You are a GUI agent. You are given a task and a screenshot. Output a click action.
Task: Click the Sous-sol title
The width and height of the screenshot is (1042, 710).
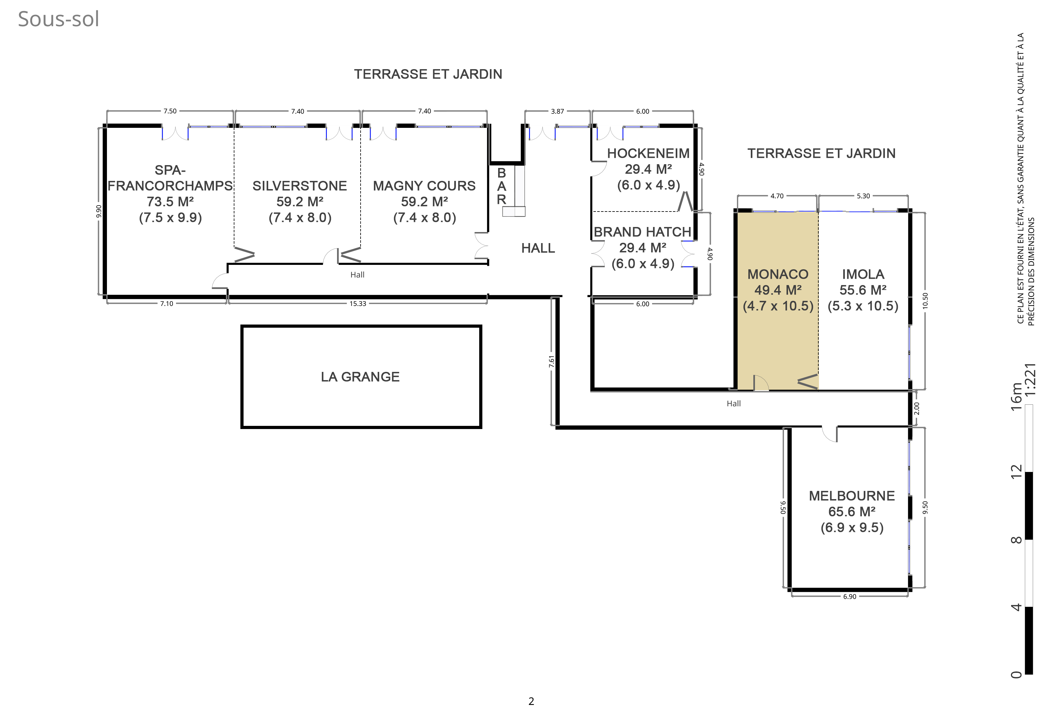(58, 19)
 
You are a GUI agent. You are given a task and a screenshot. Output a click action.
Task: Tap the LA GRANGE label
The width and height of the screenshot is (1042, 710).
(360, 377)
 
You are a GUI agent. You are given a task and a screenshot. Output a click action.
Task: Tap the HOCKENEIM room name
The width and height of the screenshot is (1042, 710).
(648, 153)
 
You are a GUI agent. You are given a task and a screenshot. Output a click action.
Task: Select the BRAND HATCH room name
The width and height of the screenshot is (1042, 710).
(643, 232)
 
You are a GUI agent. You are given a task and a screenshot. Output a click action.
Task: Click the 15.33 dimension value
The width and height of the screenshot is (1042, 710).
(358, 304)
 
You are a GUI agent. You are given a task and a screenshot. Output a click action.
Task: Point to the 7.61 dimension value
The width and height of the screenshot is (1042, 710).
(551, 362)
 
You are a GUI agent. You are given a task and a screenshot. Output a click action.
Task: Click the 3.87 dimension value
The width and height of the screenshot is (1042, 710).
(557, 111)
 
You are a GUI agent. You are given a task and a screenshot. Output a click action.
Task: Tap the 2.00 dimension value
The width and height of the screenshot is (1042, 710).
(916, 409)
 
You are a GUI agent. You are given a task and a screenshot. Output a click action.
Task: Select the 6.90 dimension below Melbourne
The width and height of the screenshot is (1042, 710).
(850, 596)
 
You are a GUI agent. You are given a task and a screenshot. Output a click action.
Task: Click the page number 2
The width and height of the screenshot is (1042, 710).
(531, 701)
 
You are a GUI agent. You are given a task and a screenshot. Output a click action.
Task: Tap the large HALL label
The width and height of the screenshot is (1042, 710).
(538, 248)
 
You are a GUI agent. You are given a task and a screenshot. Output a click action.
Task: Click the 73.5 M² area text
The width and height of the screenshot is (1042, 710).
(170, 201)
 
